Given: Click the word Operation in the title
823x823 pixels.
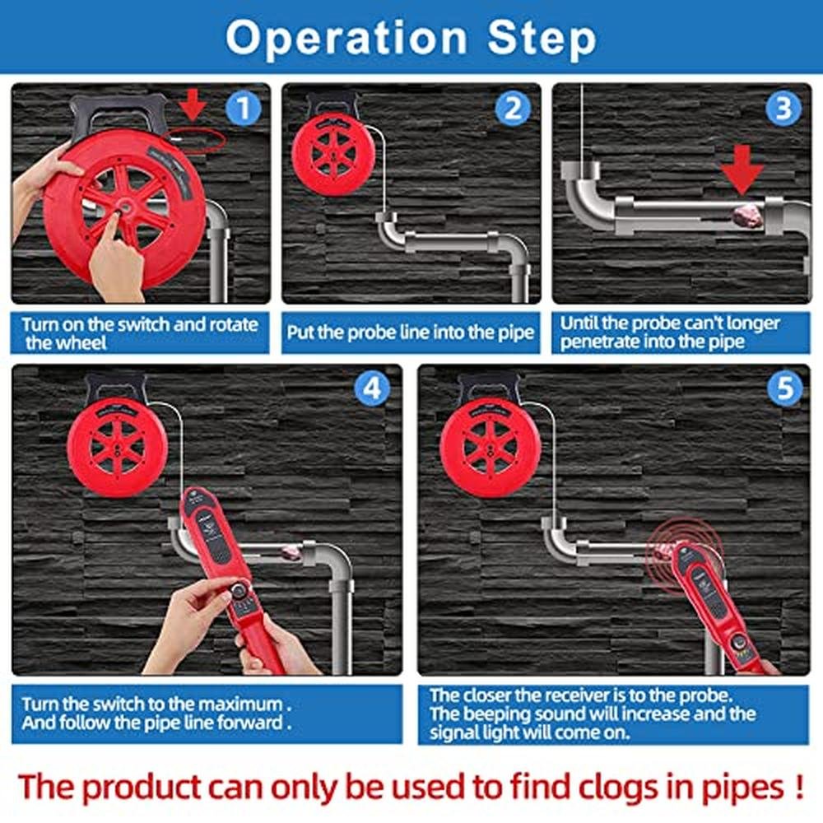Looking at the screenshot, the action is coord(346,37).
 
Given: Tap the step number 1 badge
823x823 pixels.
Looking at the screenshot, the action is coord(243,109).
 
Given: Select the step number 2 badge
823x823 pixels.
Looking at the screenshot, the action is coord(513,109).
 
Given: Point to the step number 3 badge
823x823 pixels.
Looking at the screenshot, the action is coord(783,109).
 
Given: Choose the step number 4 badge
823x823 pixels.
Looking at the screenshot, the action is coord(372,389).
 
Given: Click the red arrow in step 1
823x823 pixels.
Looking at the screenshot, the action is coord(193,105).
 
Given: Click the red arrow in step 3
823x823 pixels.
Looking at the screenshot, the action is coord(742,169).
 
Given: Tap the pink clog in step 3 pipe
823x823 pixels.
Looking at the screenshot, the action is coord(748,216).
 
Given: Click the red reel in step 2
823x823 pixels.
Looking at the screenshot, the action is coord(334,155).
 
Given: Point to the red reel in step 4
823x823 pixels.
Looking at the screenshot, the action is coord(118,447).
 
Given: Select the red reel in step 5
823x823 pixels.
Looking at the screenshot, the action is coord(491,447).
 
